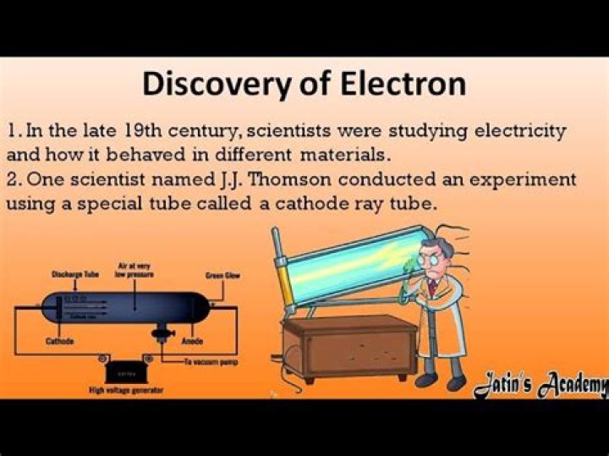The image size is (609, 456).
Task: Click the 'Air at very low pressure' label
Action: coord(137,270)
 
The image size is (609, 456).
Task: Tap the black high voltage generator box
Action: coord(125,371)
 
